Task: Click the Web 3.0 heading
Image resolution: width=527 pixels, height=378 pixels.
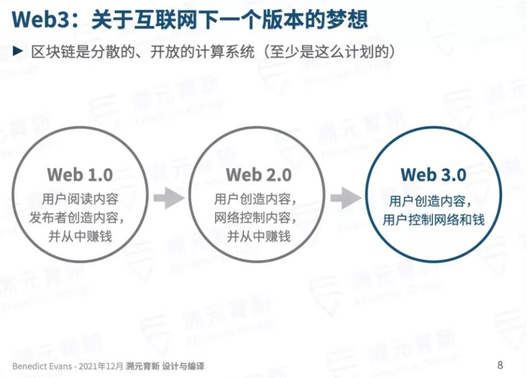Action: [x=433, y=175]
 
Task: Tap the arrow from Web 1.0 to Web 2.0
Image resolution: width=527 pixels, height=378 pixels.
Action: [x=169, y=198]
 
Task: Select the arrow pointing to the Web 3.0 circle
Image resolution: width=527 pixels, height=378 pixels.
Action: [x=346, y=198]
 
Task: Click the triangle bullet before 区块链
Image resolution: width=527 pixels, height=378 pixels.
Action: [x=19, y=53]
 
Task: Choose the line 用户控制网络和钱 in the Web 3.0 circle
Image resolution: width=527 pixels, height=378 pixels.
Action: [x=433, y=220]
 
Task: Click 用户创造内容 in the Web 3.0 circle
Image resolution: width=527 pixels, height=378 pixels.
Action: [x=433, y=201]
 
